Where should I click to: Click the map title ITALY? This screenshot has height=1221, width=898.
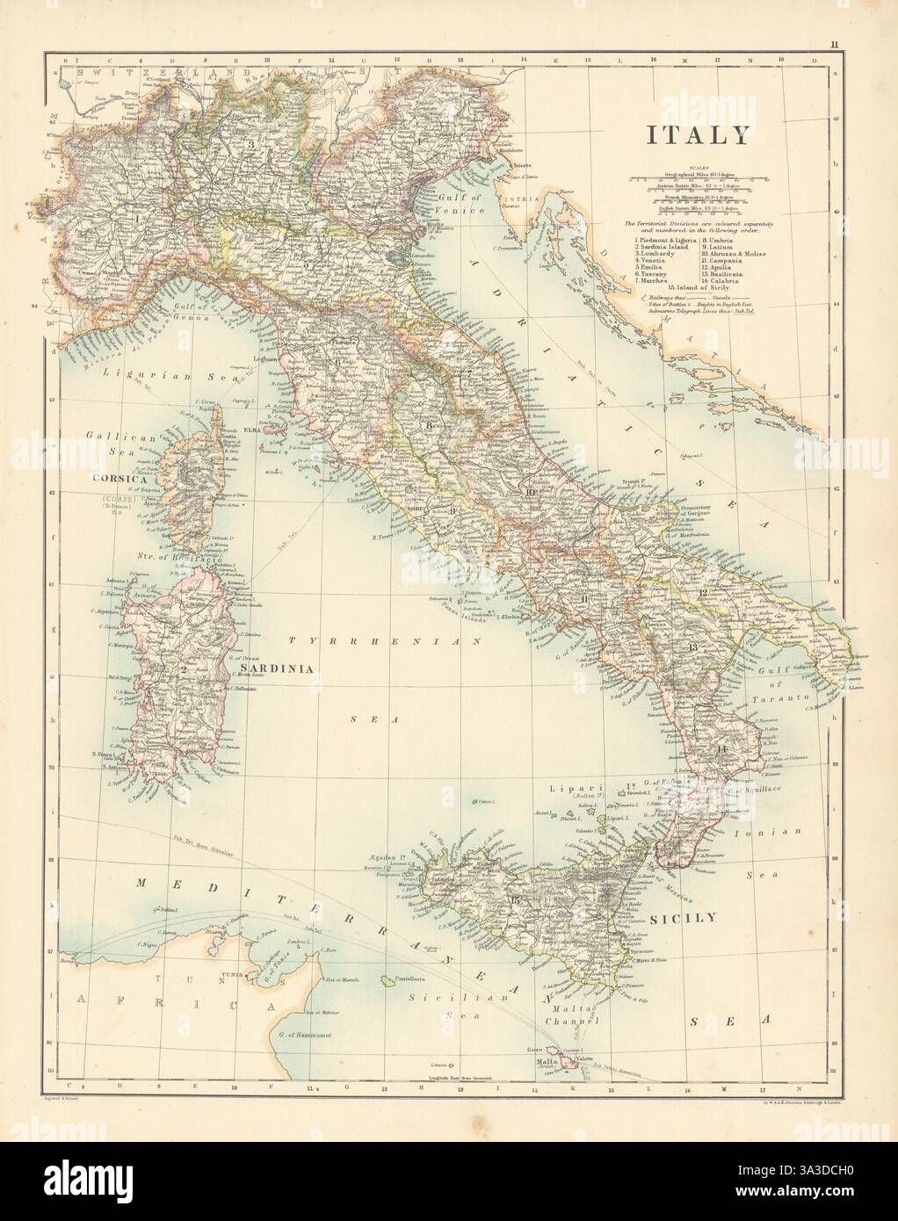[699, 134]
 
